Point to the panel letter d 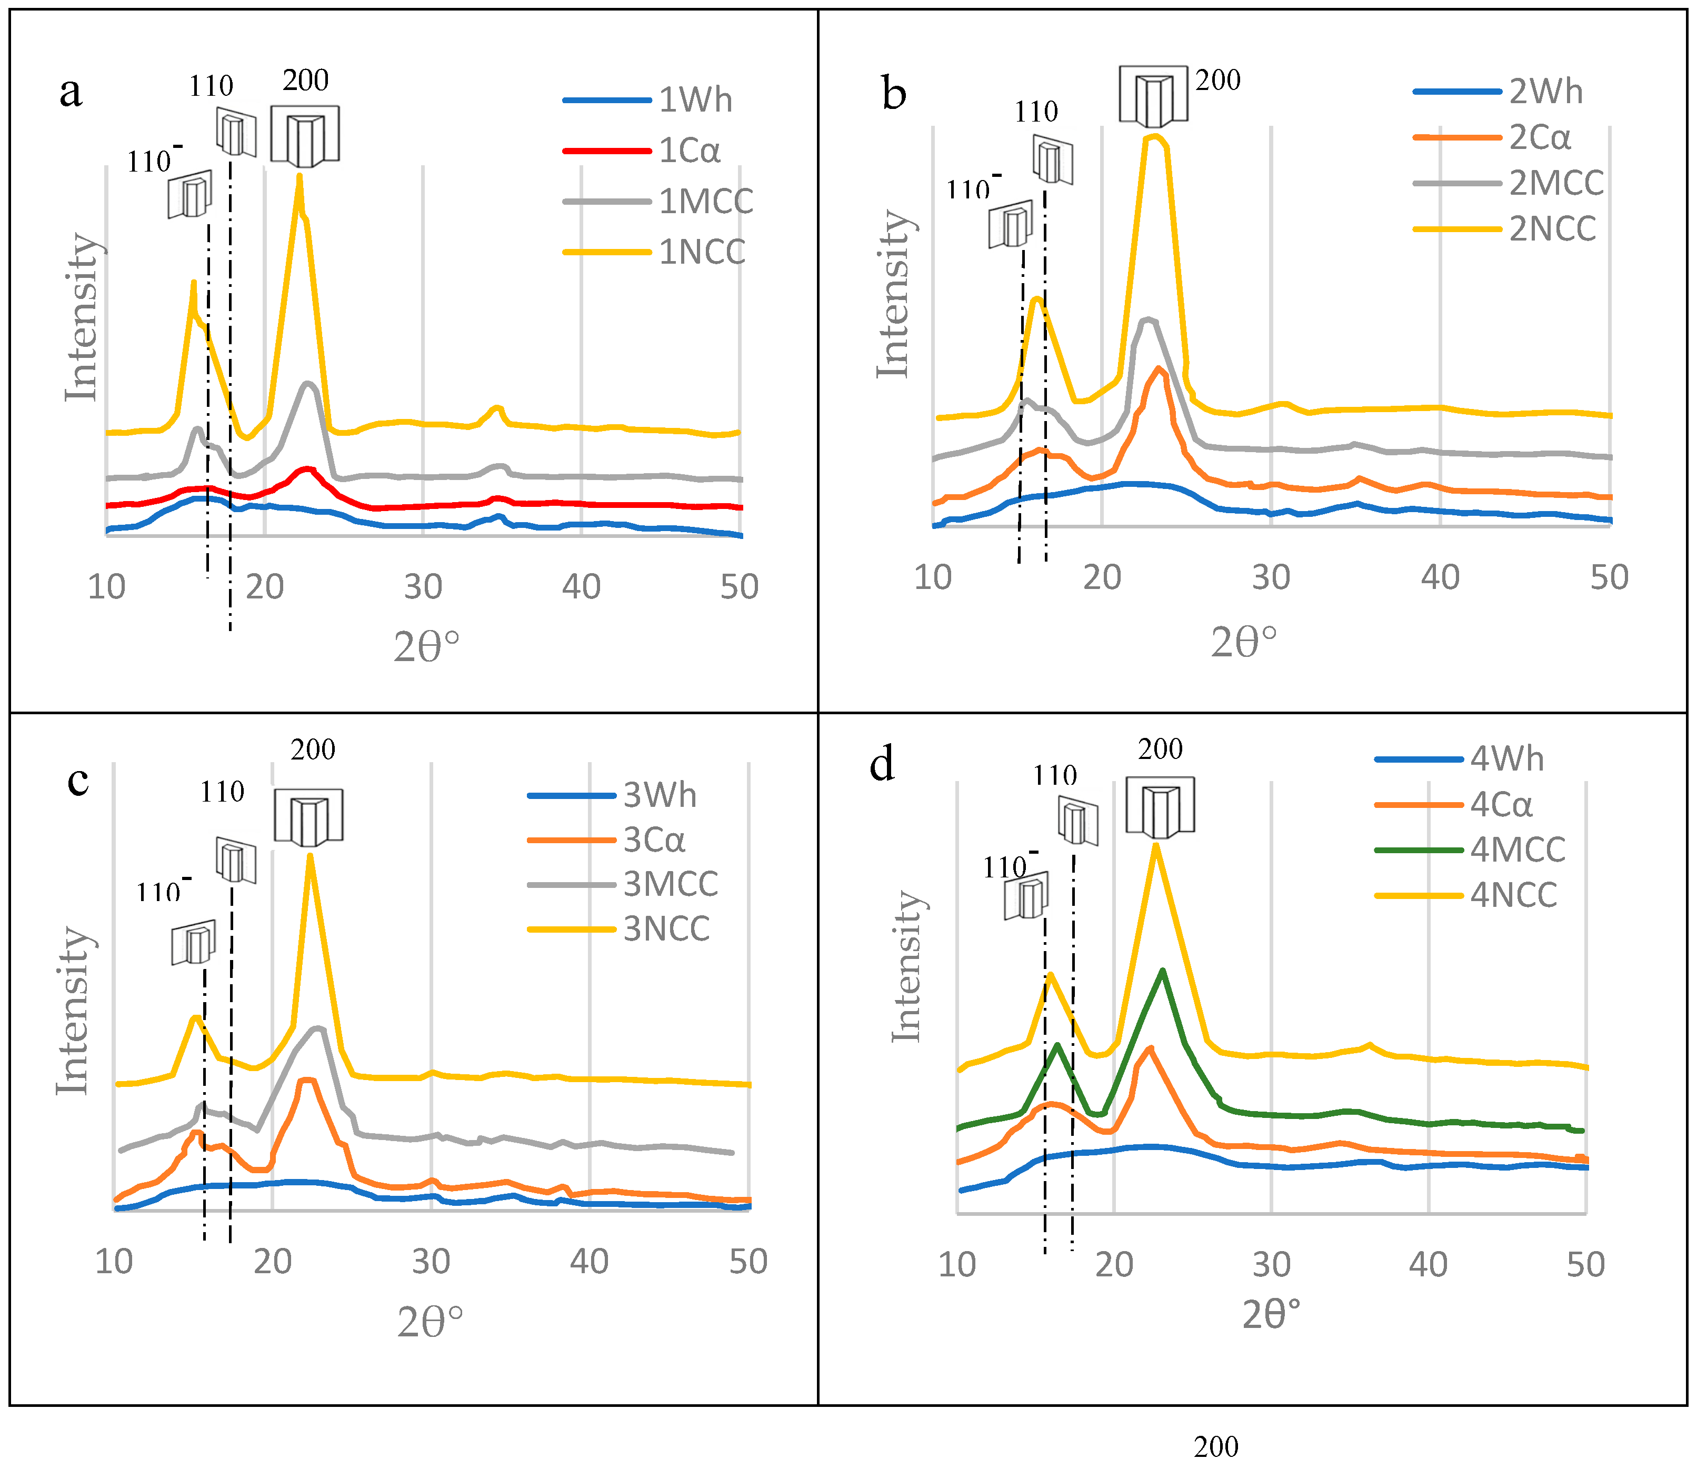pos(882,764)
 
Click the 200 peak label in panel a pos(306,81)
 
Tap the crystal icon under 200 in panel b pos(1153,96)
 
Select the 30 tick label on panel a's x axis pos(423,587)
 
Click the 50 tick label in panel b pos(1609,578)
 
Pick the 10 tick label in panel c pos(114,1262)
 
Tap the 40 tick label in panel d pos(1428,1264)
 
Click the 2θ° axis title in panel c pos(431,1322)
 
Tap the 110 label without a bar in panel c pos(222,792)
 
